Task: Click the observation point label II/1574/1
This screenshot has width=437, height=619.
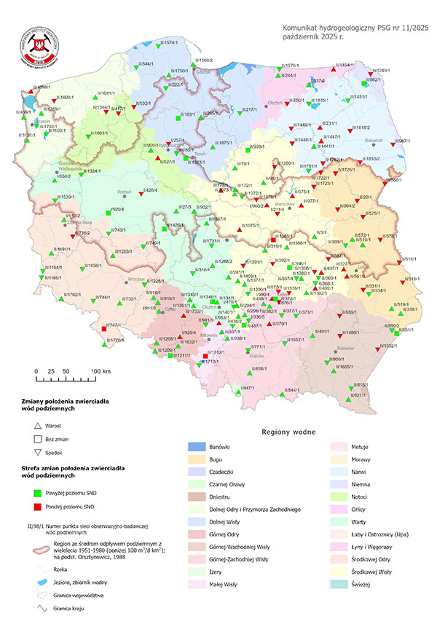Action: tap(168, 43)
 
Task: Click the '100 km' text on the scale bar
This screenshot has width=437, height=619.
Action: tap(101, 371)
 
